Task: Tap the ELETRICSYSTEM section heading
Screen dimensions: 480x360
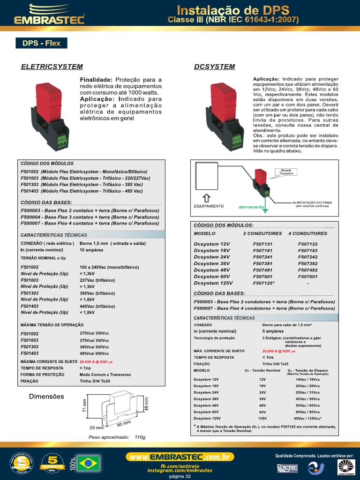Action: [x=52, y=67]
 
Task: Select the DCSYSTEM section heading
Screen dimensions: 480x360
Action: [x=214, y=67]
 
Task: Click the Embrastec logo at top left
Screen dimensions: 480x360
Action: [x=49, y=14]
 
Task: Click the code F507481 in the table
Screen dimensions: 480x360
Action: [x=262, y=270]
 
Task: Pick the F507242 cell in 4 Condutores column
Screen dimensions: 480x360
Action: [x=307, y=257]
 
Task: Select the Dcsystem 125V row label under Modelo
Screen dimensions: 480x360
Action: [x=213, y=283]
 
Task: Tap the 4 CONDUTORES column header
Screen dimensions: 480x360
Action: [x=307, y=233]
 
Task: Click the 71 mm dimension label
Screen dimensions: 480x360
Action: [x=85, y=406]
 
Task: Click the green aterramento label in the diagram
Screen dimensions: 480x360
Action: [x=251, y=206]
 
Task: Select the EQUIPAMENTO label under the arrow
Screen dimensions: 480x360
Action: [x=209, y=206]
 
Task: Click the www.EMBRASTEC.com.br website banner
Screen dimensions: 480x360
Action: [x=180, y=457]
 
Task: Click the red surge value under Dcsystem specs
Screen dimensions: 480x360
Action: [x=279, y=351]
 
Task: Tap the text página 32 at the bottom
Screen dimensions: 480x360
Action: [x=180, y=476]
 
